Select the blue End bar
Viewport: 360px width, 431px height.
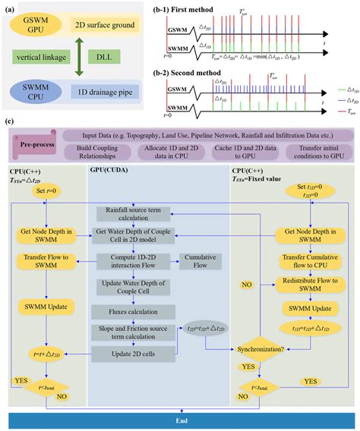coord(180,420)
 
